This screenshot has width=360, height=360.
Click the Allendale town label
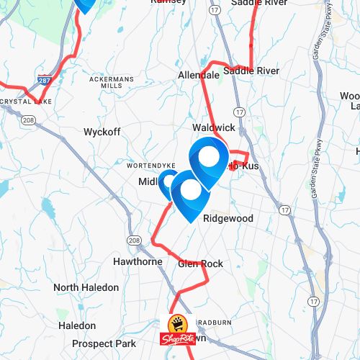199,75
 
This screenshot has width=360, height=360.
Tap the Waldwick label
214,127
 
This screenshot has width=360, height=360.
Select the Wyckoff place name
102,132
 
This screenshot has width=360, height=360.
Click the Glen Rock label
200,264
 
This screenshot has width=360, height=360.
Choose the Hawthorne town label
138,261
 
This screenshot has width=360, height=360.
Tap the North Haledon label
86,287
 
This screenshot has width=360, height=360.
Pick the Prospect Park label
104,344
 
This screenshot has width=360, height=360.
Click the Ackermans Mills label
112,81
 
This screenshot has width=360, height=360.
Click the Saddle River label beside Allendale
251,71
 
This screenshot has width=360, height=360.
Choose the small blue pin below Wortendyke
168,182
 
